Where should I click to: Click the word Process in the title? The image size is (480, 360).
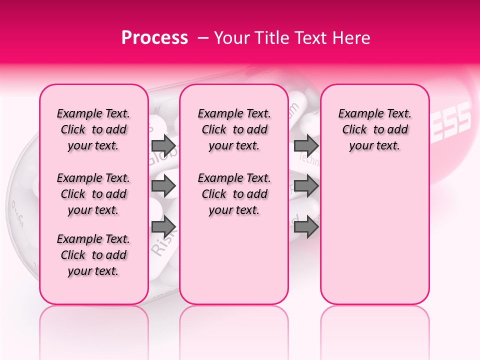[x=154, y=38]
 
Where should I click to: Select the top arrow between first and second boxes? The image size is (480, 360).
[x=163, y=145]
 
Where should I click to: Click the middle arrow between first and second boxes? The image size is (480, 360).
[x=163, y=186]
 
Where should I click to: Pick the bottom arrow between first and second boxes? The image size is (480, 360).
[x=163, y=226]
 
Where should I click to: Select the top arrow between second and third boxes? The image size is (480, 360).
[x=306, y=145]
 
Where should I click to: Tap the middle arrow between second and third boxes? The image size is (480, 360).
[x=306, y=186]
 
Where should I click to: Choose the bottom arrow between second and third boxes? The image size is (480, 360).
[x=306, y=226]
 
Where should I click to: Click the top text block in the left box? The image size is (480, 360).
[x=93, y=129]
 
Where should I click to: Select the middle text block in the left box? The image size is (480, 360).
[x=93, y=194]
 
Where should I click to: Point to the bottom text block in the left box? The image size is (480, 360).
[x=93, y=255]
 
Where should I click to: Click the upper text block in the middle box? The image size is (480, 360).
[x=234, y=129]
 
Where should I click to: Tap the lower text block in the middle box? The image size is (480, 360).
[x=234, y=194]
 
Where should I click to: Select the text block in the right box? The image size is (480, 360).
[x=374, y=129]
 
